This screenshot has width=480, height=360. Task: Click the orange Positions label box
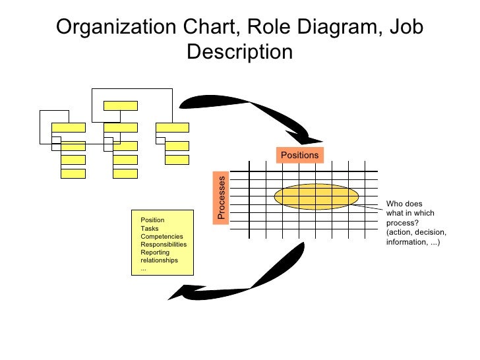[300, 155]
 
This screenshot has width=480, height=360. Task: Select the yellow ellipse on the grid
[316, 196]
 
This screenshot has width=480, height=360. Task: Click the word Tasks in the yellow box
[150, 228]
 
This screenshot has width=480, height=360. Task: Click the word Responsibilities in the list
[164, 244]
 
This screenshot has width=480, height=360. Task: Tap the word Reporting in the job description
[155, 252]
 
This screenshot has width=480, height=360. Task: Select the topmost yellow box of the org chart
[121, 105]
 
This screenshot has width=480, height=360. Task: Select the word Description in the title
[239, 51]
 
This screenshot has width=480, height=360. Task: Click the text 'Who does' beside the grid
[404, 204]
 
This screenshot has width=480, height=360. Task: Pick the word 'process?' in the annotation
[403, 223]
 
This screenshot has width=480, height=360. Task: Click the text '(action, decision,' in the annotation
[416, 233]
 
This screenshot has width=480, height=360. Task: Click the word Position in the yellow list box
[152, 220]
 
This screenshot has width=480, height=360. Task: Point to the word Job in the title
[402, 27]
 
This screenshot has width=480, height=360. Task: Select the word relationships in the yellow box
[160, 260]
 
